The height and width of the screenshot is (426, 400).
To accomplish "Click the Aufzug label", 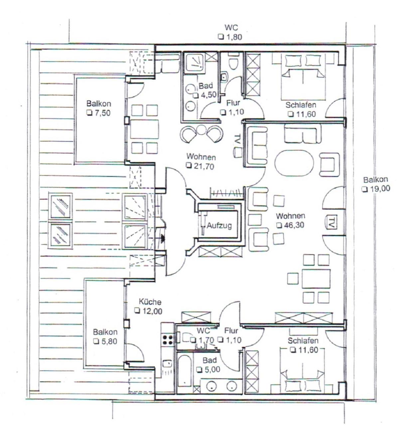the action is point(219,226).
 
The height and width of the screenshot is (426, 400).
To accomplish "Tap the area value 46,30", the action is point(294,225).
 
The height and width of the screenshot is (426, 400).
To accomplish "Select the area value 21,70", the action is point(203,166).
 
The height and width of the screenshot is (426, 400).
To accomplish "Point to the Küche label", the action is point(150,302).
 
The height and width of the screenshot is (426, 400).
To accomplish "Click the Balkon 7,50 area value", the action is point(102,113).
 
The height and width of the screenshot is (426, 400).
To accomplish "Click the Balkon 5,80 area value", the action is point(109,341).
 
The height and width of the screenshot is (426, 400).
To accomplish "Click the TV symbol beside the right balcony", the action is point(331,222).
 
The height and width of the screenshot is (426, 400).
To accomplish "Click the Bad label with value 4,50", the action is point(206,86).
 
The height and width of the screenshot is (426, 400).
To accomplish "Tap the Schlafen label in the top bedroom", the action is point(301,105).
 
